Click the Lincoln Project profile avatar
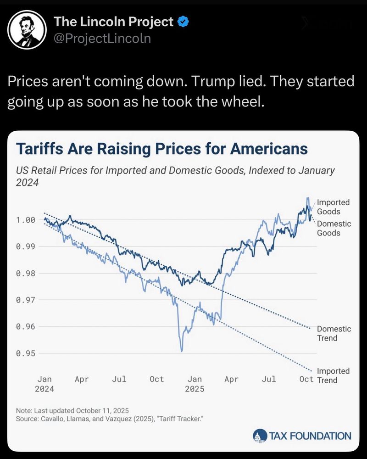point(28,29)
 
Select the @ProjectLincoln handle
point(102,39)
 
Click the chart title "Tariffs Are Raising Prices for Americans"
point(161,149)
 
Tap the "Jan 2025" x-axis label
point(195,384)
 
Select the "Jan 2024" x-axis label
point(44,384)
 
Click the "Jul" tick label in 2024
point(119,379)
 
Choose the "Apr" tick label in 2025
point(231,379)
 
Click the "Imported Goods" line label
point(333,207)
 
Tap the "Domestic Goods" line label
point(334,228)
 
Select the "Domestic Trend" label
point(334,333)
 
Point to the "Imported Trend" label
point(333,375)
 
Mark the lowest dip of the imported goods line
point(182,351)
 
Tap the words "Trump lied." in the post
point(218,82)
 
